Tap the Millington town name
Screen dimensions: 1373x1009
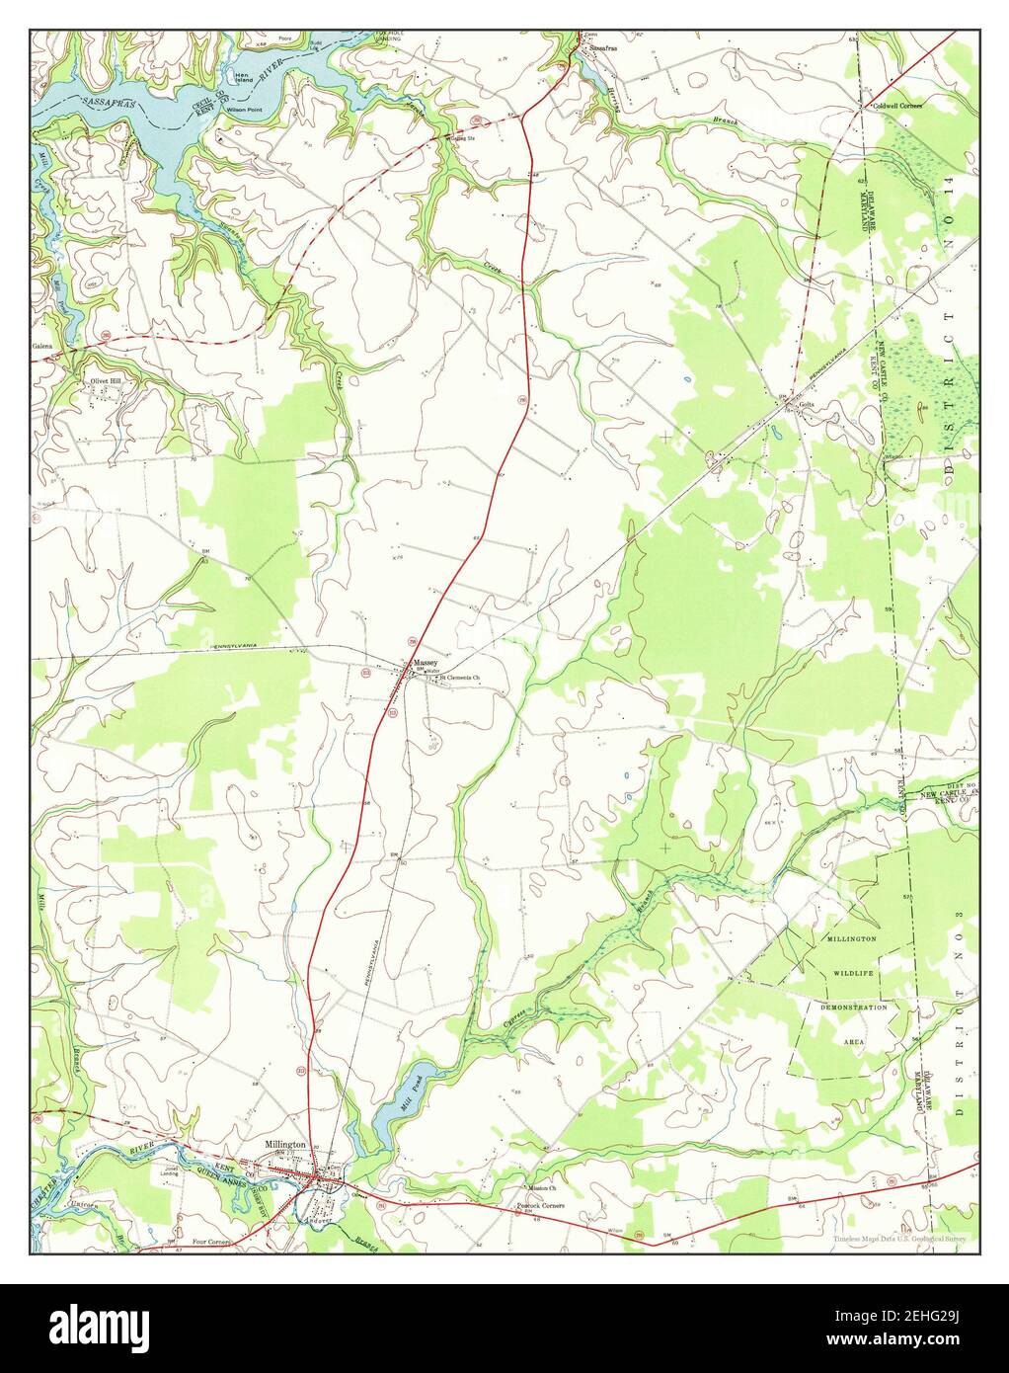click(285, 1144)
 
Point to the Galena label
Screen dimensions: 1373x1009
click(41, 347)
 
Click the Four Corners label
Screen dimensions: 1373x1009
click(211, 1241)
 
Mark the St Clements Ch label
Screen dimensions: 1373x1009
click(459, 678)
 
